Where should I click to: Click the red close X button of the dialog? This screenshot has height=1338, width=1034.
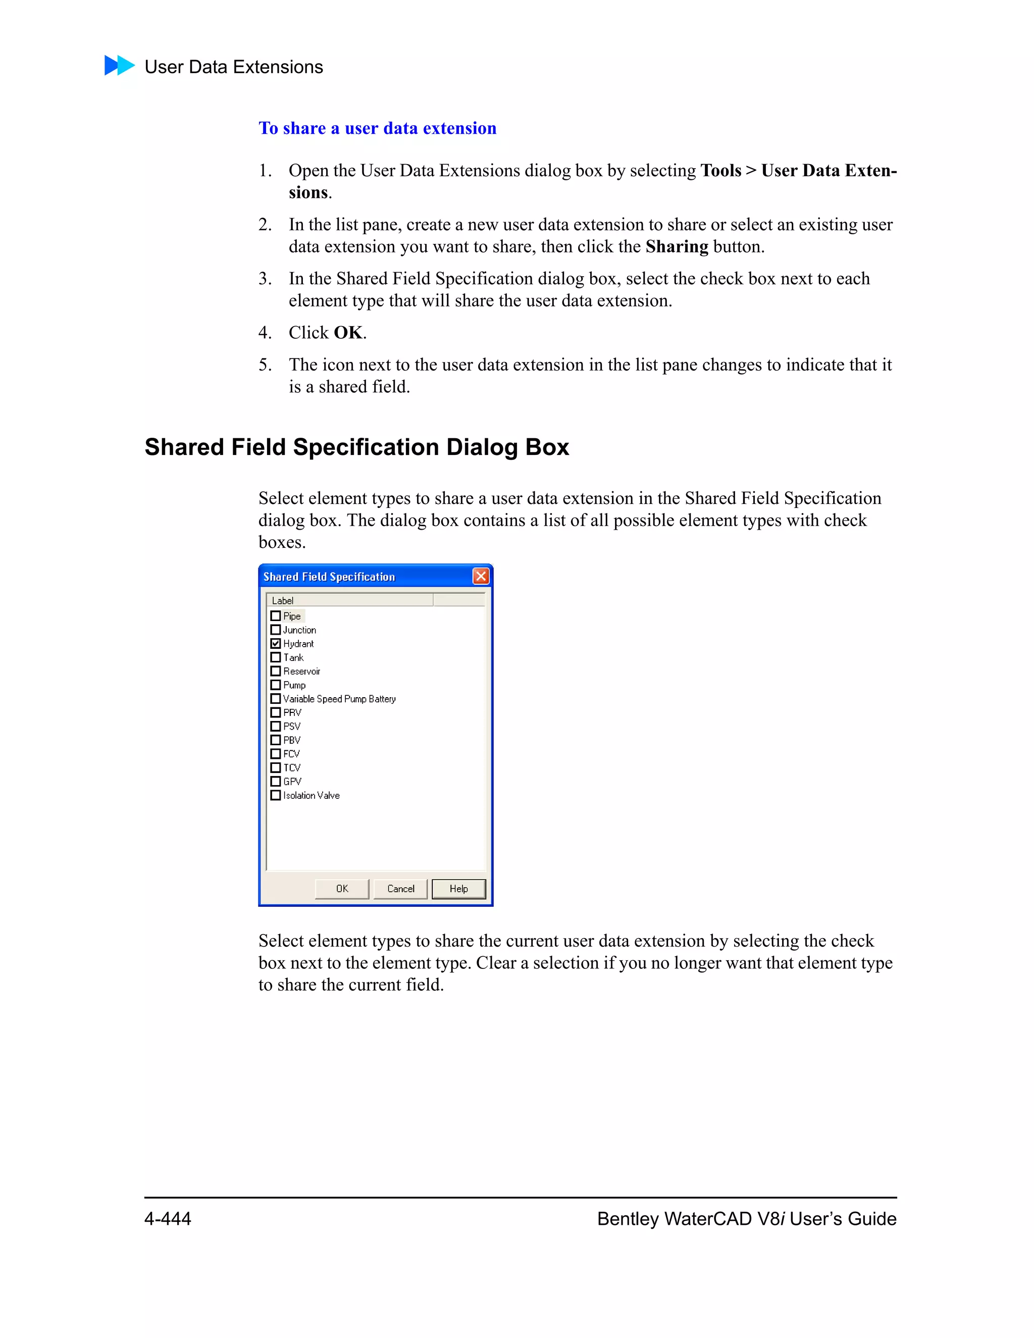[x=481, y=576]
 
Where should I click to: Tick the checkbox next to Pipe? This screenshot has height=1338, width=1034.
[x=276, y=615]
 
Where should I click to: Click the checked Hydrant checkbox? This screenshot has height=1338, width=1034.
[x=276, y=643]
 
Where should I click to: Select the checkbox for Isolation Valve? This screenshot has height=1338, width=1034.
[x=276, y=795]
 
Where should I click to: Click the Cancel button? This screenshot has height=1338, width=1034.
[x=400, y=888]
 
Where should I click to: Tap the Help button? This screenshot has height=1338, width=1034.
[x=458, y=888]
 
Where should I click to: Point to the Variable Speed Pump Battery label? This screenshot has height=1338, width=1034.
[x=339, y=699]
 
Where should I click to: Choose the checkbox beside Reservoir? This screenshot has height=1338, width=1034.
[x=276, y=671]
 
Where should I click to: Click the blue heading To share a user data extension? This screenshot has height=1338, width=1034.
[x=377, y=128]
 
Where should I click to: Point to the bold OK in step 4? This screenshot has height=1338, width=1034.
[x=348, y=333]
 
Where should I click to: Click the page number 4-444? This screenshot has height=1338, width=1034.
[x=168, y=1218]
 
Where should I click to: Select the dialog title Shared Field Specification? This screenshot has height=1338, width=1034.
[x=329, y=577]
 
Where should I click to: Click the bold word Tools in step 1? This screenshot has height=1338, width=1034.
[x=720, y=170]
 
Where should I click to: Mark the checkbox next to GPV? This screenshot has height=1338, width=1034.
[x=276, y=781]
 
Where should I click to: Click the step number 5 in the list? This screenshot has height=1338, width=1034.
[x=264, y=365]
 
